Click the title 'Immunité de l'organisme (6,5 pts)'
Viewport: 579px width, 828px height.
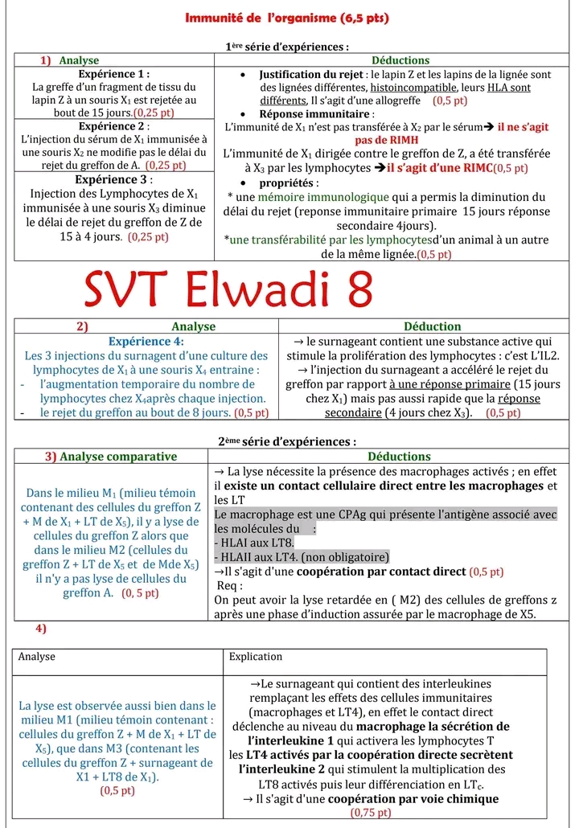click(x=287, y=18)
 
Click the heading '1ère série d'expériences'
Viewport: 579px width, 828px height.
click(x=287, y=47)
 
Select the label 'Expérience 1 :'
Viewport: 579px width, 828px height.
click(x=113, y=74)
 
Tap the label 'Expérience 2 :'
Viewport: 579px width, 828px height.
click(x=113, y=126)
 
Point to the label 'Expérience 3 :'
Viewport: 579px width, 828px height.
click(x=113, y=179)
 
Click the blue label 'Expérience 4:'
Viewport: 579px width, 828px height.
click(x=146, y=341)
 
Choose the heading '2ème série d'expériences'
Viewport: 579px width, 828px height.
click(x=287, y=441)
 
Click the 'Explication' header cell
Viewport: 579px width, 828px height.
click(x=256, y=657)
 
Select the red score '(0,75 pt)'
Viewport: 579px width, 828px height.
click(x=371, y=813)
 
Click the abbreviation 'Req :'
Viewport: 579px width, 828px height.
click(x=229, y=585)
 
